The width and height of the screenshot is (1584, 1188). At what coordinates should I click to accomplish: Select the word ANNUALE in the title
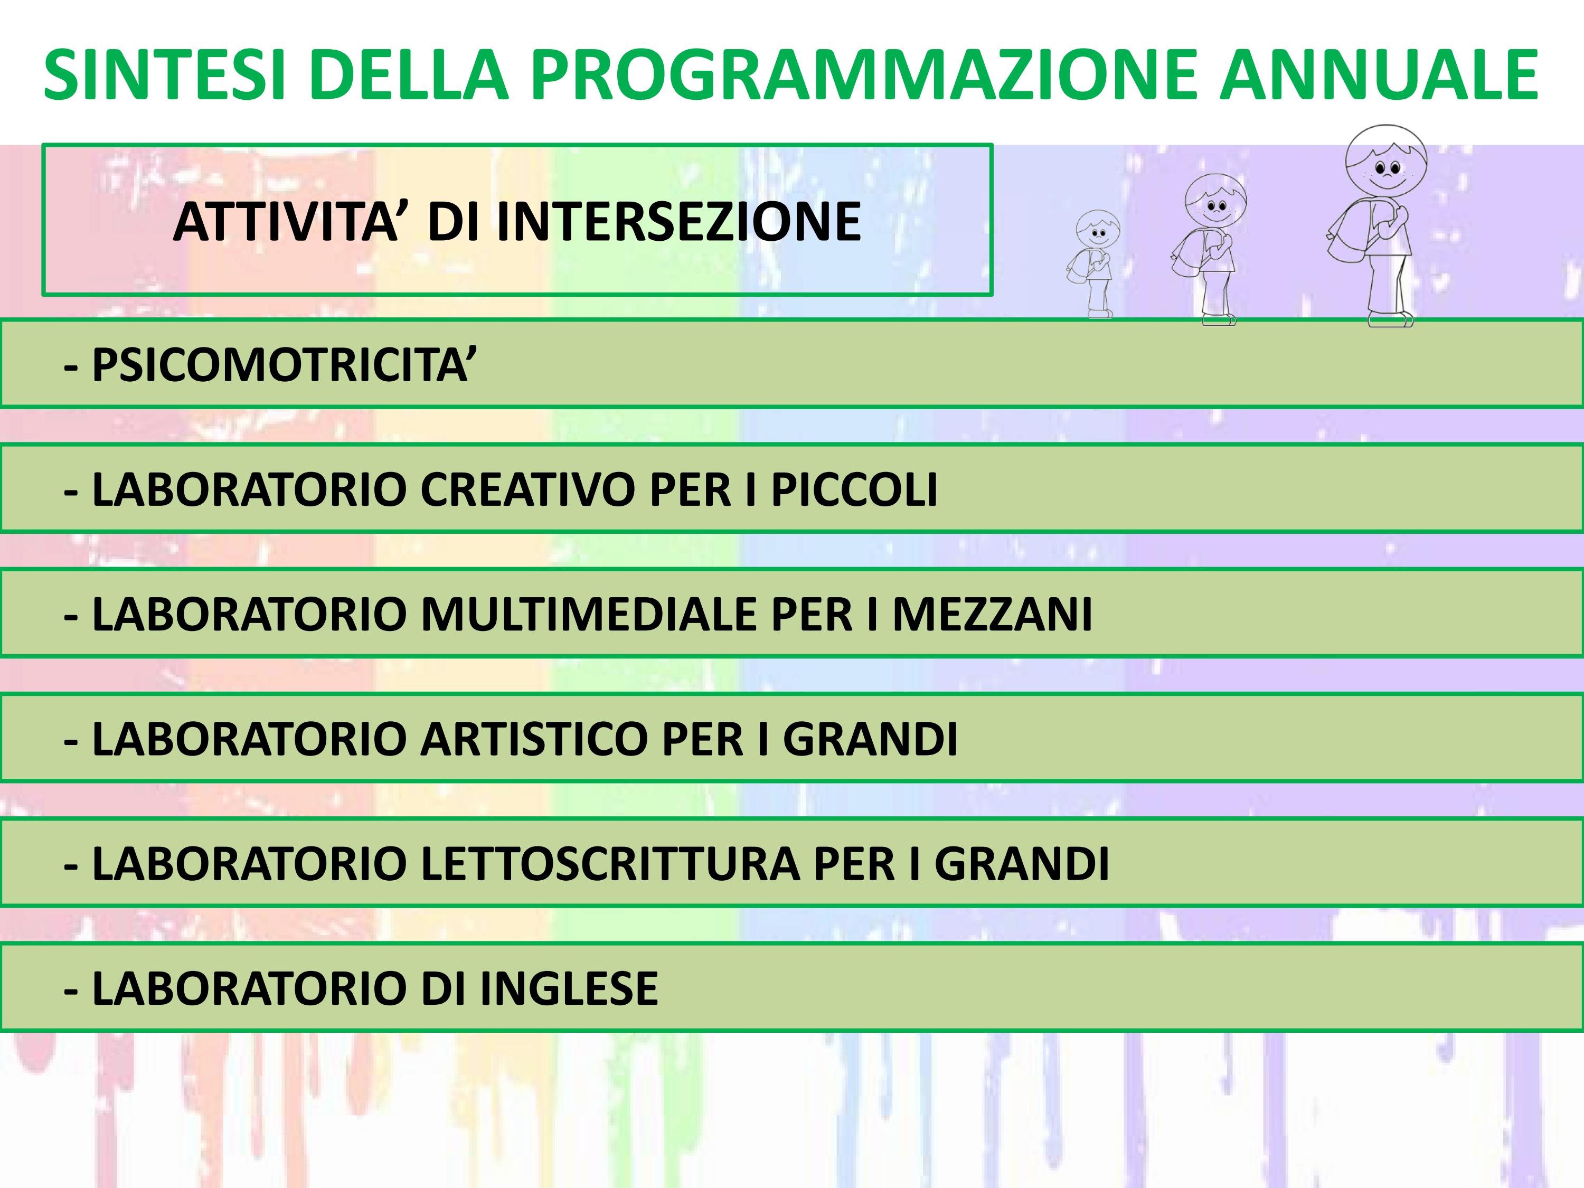(1379, 74)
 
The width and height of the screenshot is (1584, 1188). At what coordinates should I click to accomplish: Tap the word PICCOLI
(854, 490)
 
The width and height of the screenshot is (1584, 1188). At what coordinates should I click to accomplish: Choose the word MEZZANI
(992, 615)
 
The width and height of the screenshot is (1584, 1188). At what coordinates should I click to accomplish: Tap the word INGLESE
(569, 988)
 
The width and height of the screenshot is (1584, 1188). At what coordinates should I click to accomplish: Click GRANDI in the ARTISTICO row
(870, 739)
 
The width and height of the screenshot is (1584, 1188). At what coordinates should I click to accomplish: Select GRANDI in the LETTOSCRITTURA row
(1022, 864)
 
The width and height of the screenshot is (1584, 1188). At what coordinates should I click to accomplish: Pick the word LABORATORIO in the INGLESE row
(250, 988)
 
